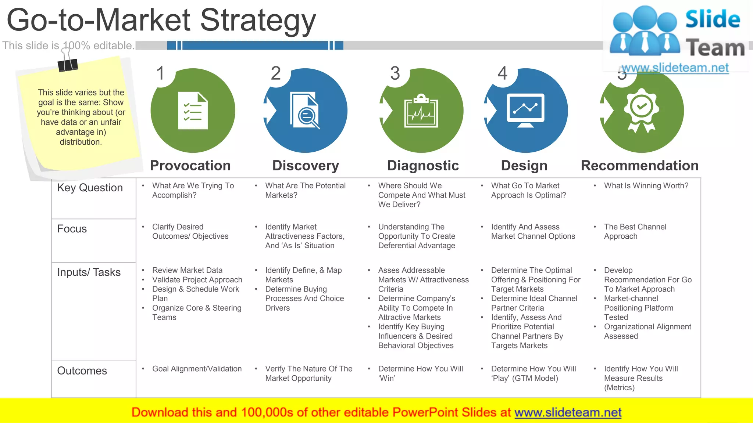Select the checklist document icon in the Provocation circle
[193, 111]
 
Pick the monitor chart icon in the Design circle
[525, 111]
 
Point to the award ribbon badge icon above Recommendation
[641, 110]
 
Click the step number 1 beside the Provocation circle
[160, 73]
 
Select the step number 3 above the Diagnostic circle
[395, 73]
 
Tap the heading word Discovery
[306, 166]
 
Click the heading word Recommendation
[639, 166]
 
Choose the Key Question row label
[90, 188]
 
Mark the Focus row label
[72, 229]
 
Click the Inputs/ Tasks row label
[89, 272]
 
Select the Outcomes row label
[82, 370]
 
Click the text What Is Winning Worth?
[646, 186]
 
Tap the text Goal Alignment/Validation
[197, 369]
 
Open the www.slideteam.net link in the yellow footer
[568, 412]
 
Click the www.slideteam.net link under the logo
[675, 68]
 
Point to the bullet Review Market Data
[187, 270]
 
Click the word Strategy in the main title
[258, 20]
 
